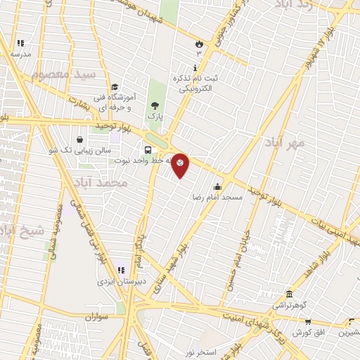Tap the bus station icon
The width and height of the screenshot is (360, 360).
click(148, 150)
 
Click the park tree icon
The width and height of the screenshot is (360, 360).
click(155, 106)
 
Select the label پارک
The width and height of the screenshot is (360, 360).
click(155, 118)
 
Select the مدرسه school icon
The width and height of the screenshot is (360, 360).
click(20, 43)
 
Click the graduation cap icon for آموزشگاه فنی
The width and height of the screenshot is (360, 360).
click(115, 86)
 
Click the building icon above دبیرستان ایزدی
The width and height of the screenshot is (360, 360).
click(120, 269)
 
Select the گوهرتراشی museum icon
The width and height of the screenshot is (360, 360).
click(289, 294)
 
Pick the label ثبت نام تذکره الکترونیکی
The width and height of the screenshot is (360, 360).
click(198, 84)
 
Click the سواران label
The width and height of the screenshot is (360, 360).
click(99, 317)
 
